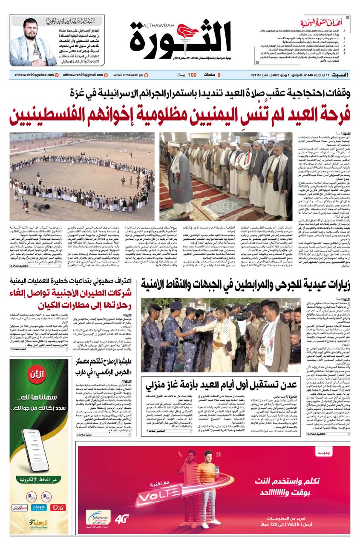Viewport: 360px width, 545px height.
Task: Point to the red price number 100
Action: [x=192, y=75]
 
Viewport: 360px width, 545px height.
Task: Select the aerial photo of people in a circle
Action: [x=82, y=176]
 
